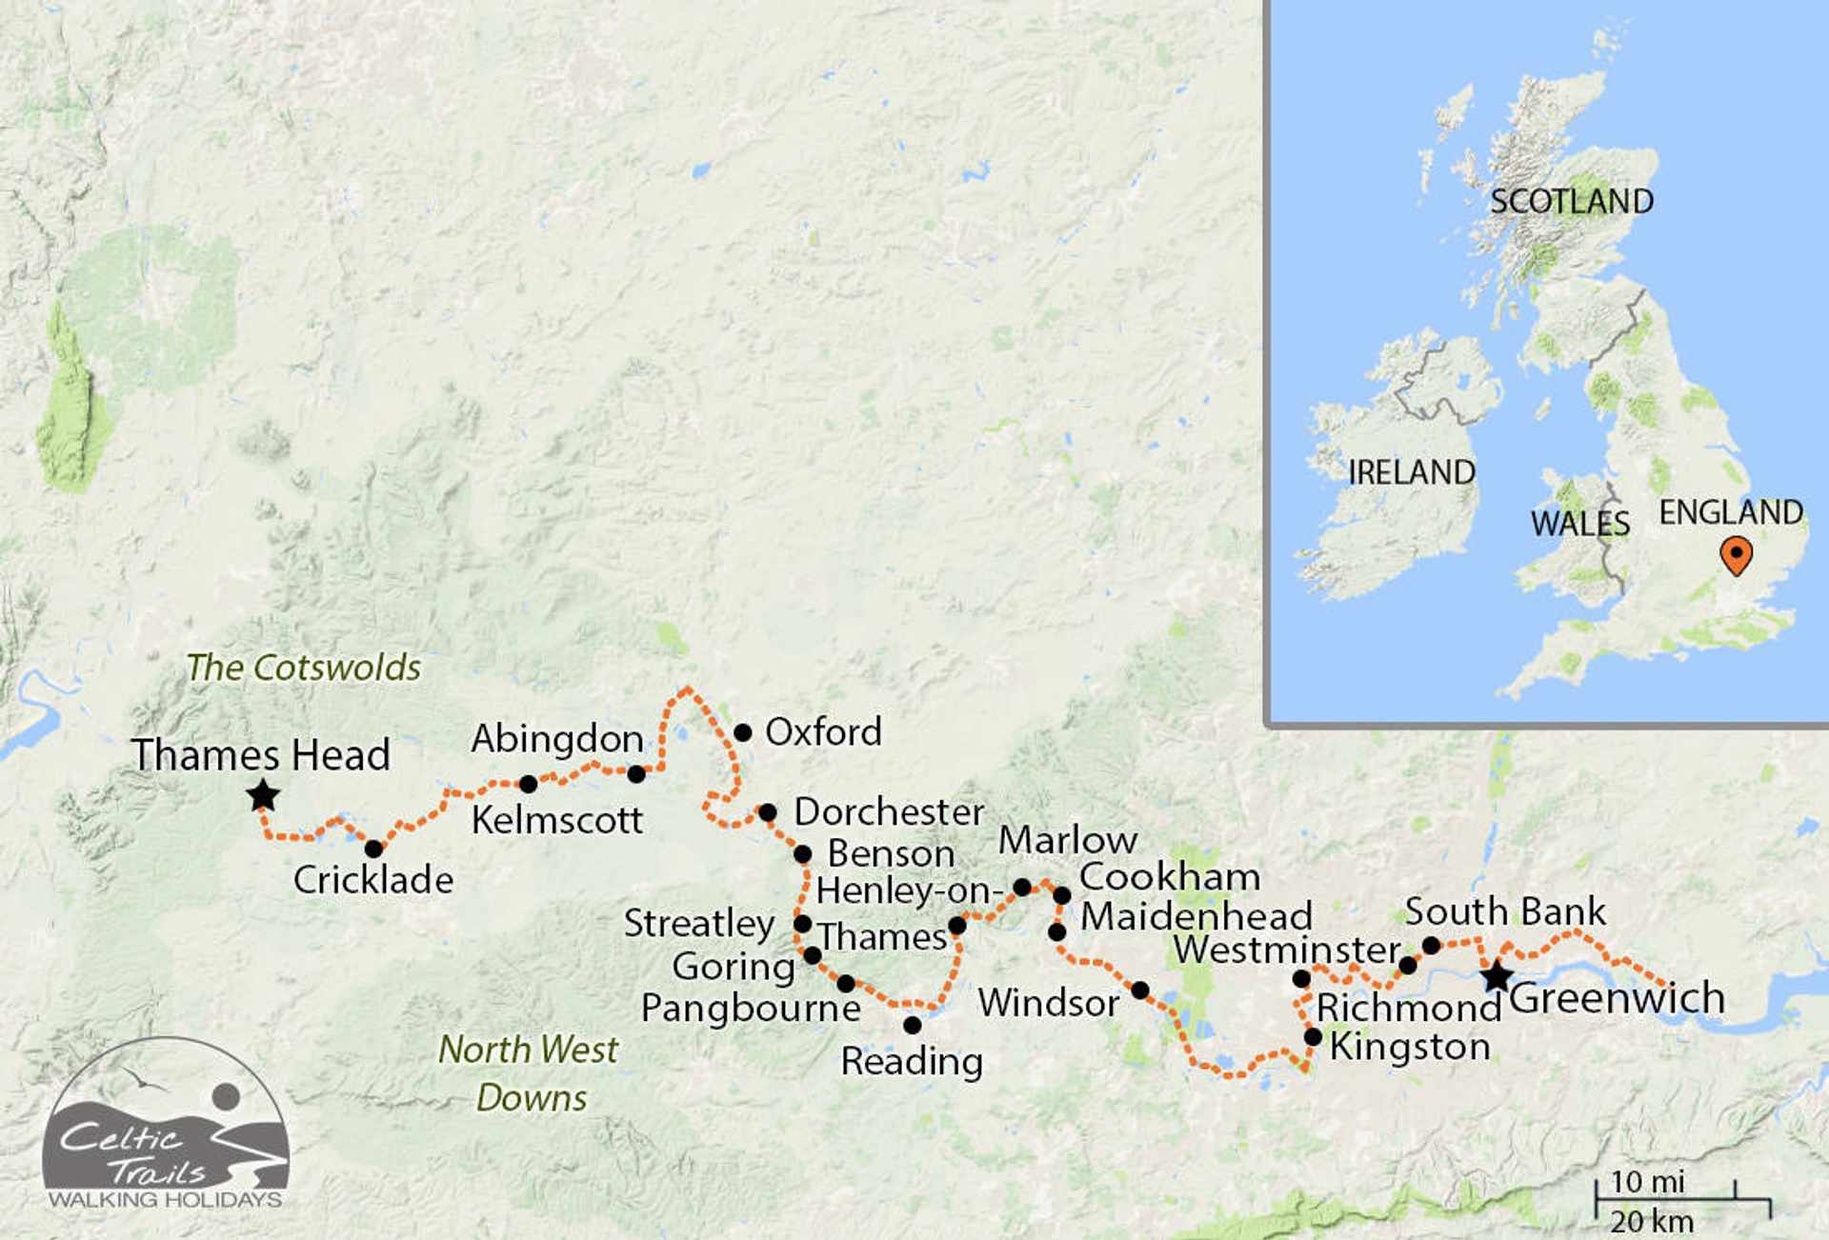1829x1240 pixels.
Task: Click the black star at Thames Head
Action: click(263, 795)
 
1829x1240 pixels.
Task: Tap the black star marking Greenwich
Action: click(1497, 976)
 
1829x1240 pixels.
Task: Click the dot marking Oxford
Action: click(743, 732)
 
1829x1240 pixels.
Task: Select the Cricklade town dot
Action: click(374, 849)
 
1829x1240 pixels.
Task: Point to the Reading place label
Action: click(912, 1061)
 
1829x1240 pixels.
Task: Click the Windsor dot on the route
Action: click(1140, 990)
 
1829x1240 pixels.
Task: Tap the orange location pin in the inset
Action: click(1737, 555)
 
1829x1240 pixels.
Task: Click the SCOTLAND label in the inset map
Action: click(1572, 202)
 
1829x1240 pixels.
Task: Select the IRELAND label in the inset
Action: click(1411, 472)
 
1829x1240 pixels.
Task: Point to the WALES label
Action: click(1580, 524)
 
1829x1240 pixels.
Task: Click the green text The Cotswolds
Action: click(303, 668)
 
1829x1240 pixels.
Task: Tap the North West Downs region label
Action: click(529, 1073)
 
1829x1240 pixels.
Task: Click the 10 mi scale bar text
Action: click(1647, 1182)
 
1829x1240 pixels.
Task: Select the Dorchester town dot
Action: click(768, 812)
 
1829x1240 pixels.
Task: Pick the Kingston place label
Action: click(1410, 1047)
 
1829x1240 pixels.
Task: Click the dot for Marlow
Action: click(1022, 887)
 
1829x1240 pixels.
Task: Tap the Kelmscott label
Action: click(557, 820)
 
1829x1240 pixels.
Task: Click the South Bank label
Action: click(1505, 911)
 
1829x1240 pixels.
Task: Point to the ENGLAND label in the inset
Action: click(1731, 512)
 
